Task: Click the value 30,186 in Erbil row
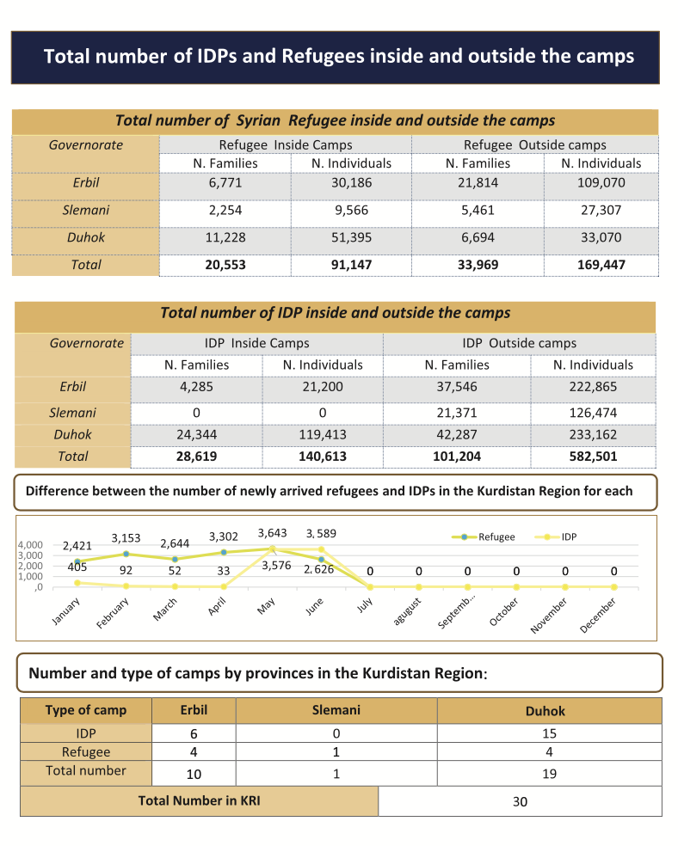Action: [351, 183]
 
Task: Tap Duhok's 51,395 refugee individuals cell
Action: [351, 237]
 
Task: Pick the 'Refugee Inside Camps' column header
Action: [285, 144]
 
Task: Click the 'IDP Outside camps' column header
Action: [519, 343]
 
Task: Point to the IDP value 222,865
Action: [593, 387]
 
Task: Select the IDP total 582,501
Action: [593, 457]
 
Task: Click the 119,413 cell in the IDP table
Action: [323, 434]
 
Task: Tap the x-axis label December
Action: [600, 615]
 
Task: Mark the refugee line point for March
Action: [175, 559]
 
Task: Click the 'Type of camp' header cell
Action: [85, 710]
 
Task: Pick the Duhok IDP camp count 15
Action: [550, 733]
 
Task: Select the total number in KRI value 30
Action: [520, 802]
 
